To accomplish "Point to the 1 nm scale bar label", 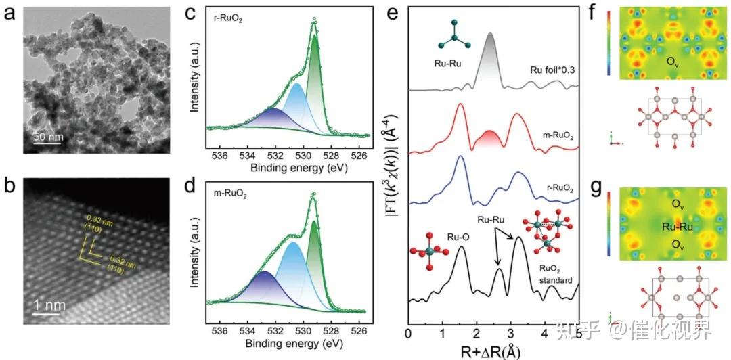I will (50, 305).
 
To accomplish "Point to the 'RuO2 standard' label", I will (552, 273).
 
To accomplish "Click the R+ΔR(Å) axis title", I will (493, 351).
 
